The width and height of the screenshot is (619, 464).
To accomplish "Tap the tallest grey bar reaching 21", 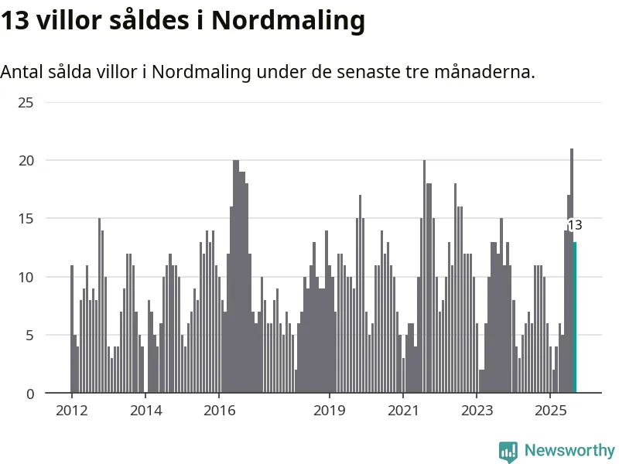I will (x=572, y=271).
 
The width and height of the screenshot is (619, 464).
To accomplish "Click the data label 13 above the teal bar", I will (x=575, y=225).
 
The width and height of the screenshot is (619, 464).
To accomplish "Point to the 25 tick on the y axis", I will (x=26, y=102).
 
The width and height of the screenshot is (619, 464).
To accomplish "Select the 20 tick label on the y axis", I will (x=26, y=160).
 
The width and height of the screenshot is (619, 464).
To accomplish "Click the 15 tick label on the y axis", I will (x=26, y=219).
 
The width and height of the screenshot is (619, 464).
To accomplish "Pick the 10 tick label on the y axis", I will (x=26, y=277).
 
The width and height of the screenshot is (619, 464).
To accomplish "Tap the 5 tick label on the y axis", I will (x=29, y=336).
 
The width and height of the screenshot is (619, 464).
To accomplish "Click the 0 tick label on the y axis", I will (x=29, y=394).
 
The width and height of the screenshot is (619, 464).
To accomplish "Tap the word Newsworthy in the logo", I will (x=569, y=450).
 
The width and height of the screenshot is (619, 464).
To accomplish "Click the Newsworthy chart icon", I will (x=508, y=452).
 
